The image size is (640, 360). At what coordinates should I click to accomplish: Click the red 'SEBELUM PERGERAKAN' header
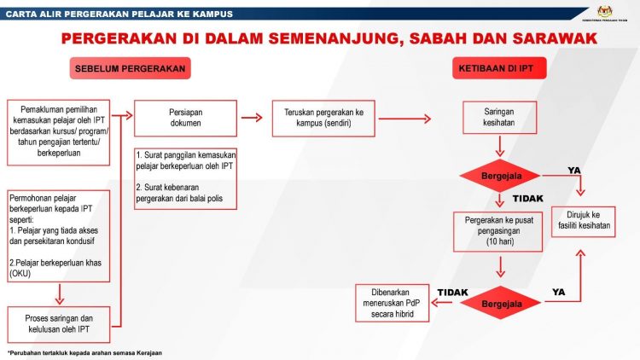(x=131, y=69)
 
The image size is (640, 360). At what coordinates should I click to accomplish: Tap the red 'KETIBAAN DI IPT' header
(x=499, y=69)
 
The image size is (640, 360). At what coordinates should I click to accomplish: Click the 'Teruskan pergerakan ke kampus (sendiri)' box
(x=323, y=117)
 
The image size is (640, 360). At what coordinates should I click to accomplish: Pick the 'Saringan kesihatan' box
(x=499, y=117)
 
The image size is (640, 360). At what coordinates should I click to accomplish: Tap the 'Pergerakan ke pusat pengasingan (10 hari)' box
(x=499, y=231)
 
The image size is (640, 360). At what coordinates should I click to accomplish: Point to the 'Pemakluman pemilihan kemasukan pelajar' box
(x=59, y=129)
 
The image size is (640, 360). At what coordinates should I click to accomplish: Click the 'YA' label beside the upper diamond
(x=575, y=171)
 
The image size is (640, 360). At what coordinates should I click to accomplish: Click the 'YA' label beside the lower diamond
(x=559, y=292)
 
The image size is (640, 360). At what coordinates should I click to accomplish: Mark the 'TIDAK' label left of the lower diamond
(x=453, y=292)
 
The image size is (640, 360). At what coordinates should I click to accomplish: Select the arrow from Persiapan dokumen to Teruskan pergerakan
(x=252, y=117)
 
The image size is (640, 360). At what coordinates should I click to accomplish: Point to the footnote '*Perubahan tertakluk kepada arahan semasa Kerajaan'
(x=84, y=352)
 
